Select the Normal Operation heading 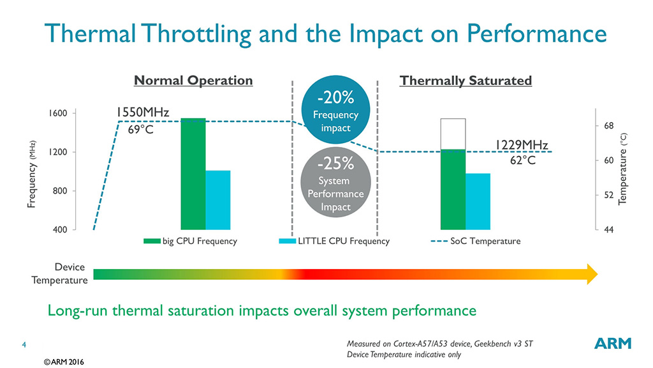click(x=193, y=80)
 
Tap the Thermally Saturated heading click(x=465, y=80)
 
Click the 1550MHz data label click(x=142, y=112)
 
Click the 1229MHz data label click(x=522, y=145)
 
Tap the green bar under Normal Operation click(x=193, y=174)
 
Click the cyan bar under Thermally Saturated click(x=478, y=201)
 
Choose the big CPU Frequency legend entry click(x=191, y=241)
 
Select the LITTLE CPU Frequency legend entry click(x=334, y=241)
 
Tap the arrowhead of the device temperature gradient click(x=591, y=274)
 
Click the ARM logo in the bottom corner click(x=613, y=344)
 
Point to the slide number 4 click(x=24, y=346)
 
